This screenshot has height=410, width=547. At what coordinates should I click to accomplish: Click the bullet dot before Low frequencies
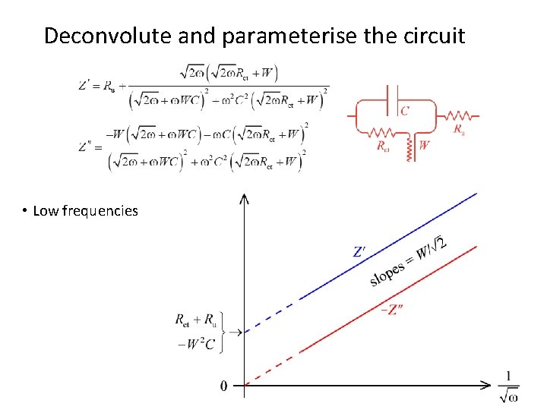click(25, 211)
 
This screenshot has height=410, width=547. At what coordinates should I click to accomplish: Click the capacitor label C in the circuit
click(404, 111)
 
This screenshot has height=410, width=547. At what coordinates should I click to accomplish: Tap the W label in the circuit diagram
click(423, 145)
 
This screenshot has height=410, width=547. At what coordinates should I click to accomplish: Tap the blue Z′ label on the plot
click(362, 251)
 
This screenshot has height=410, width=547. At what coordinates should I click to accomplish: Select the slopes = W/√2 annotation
click(408, 260)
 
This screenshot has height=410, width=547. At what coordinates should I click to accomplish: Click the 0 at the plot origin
click(223, 386)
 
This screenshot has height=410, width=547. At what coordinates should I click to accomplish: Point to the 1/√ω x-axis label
click(509, 386)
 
